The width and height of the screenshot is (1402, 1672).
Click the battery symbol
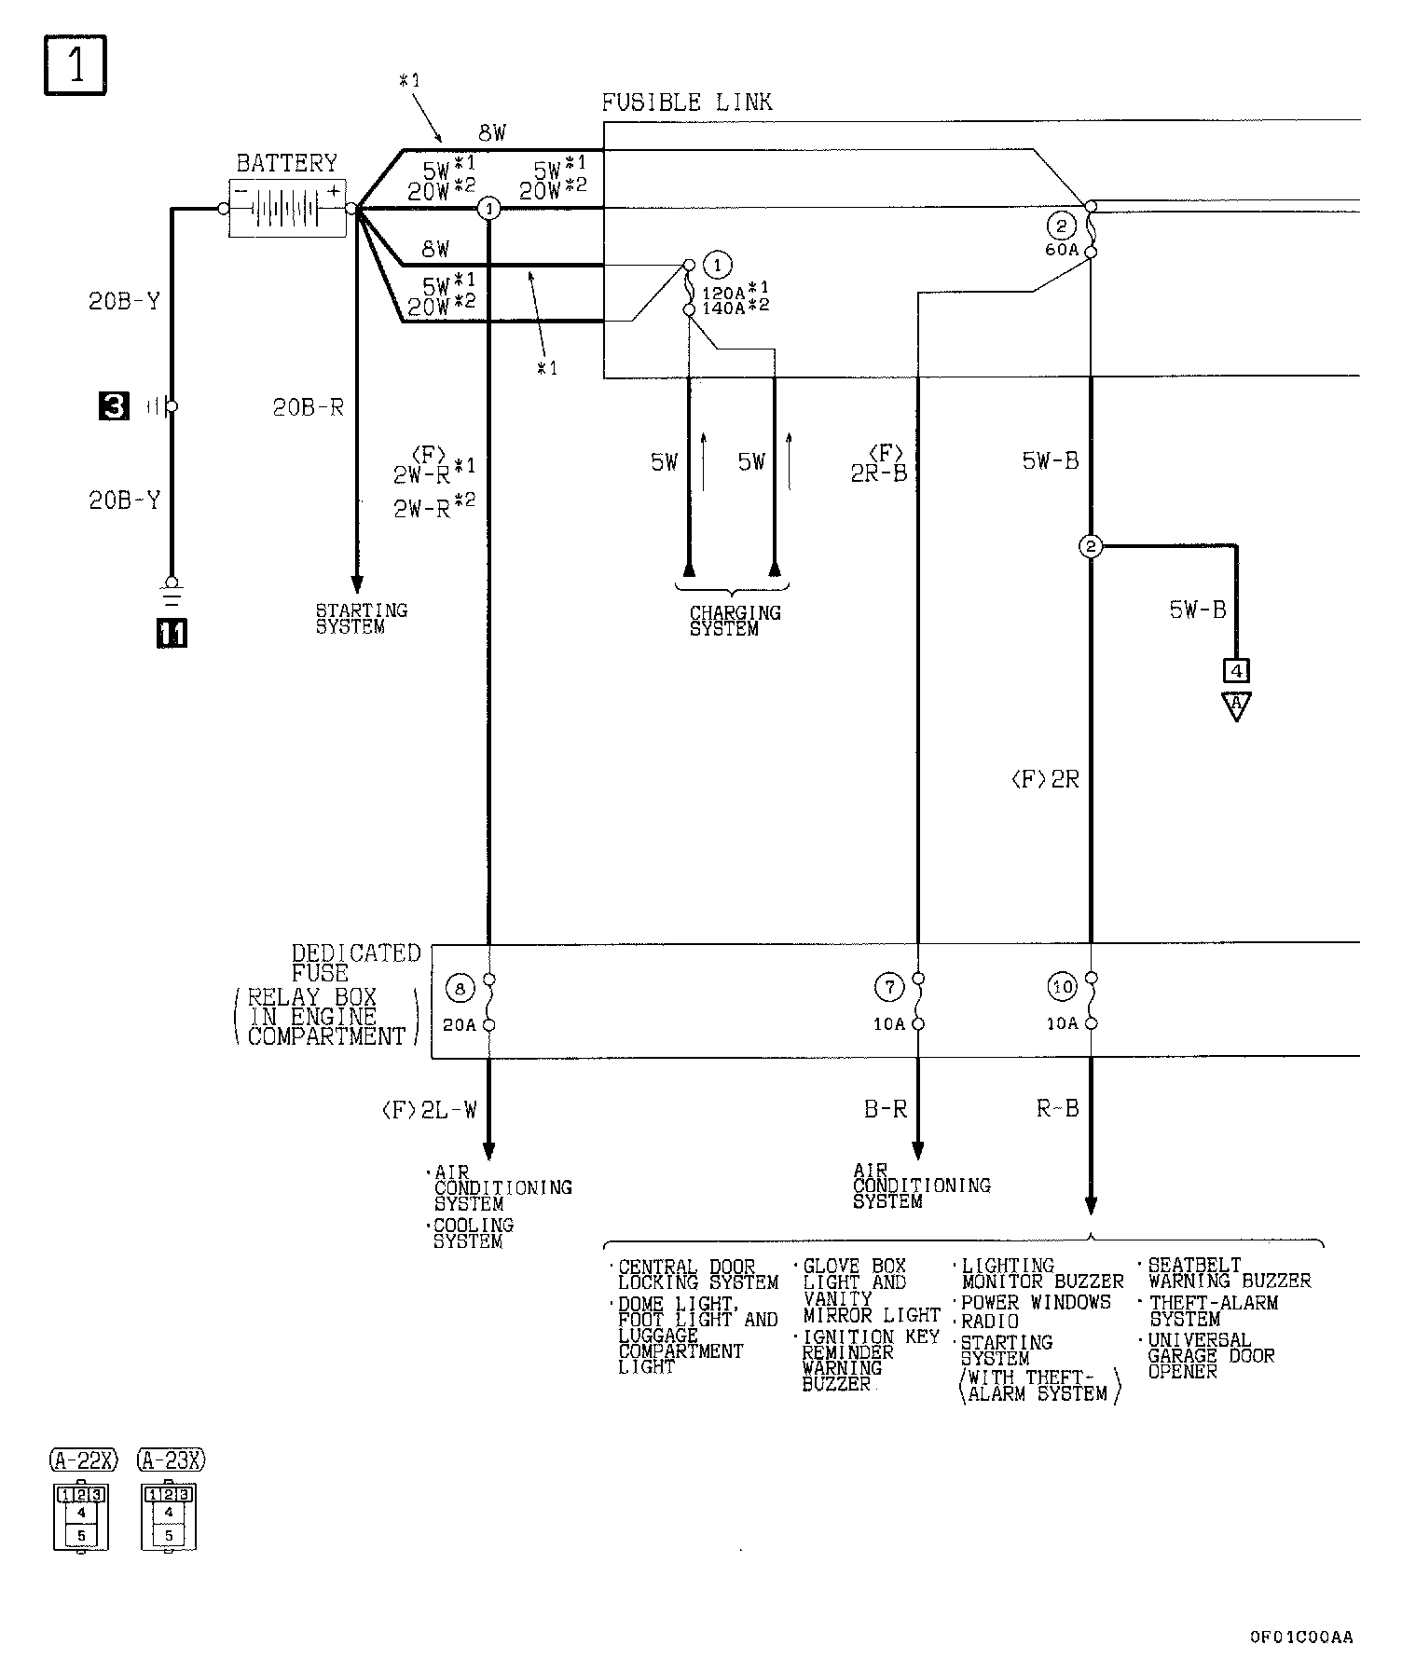(x=287, y=208)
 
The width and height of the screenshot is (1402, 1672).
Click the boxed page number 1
(x=76, y=64)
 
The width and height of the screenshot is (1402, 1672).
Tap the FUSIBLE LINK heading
(x=686, y=102)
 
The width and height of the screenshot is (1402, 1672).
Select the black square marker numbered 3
(x=115, y=406)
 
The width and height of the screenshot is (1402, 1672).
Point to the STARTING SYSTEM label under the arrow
(x=361, y=619)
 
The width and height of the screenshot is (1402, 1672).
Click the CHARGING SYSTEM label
(x=735, y=621)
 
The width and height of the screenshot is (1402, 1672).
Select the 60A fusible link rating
(x=1061, y=250)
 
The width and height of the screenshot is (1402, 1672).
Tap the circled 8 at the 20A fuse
(x=460, y=987)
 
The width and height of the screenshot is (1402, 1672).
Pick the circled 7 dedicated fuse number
(x=889, y=985)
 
